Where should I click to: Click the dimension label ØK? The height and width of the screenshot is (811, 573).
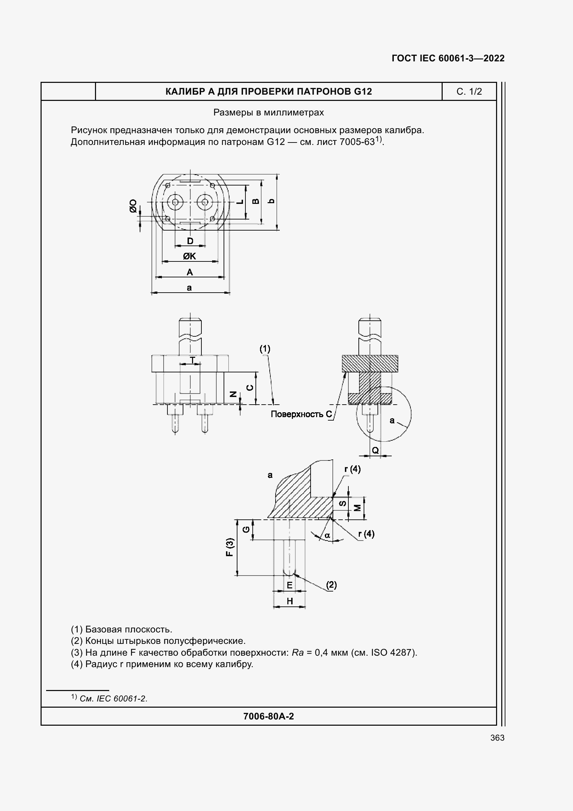(x=189, y=256)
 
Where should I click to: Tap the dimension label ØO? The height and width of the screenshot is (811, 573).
(x=133, y=206)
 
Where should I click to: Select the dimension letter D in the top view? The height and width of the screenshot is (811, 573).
(x=190, y=241)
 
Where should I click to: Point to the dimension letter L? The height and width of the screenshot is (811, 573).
(x=240, y=201)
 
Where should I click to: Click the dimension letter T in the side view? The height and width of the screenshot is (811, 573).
(x=192, y=360)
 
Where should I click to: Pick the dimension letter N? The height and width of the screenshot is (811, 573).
(x=233, y=394)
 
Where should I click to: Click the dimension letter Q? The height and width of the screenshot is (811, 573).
(x=375, y=450)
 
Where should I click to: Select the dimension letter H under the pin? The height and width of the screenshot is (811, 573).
(x=289, y=601)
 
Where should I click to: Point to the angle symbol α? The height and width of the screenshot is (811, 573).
(x=327, y=535)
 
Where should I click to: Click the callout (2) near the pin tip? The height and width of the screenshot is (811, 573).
(x=331, y=585)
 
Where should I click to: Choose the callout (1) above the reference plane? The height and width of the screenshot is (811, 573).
(x=265, y=349)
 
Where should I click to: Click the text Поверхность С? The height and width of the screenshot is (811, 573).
(x=301, y=414)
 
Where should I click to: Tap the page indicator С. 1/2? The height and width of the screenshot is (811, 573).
(x=469, y=92)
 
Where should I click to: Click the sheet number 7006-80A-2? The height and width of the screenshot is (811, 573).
(x=268, y=716)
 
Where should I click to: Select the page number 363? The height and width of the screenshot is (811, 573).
(x=497, y=738)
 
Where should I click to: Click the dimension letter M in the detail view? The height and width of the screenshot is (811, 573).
(x=358, y=508)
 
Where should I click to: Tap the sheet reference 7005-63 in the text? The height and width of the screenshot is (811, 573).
(x=357, y=142)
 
